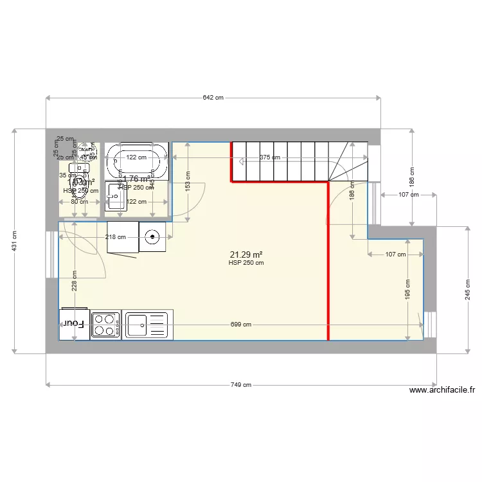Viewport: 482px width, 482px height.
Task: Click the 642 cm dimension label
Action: click(213, 98)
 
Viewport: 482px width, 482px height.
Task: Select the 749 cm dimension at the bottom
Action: click(240, 385)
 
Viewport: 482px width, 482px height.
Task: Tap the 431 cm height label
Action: click(14, 241)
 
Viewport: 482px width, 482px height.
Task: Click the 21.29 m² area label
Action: click(245, 254)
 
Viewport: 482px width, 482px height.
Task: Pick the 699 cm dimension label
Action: click(240, 325)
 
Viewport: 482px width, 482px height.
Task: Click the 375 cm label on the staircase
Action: click(270, 157)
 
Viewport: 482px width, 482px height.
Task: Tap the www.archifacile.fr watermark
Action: click(442, 390)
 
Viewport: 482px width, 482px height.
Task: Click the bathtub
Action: click(136, 161)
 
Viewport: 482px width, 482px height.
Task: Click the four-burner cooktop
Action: click(106, 325)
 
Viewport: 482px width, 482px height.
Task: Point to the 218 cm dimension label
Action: click(116, 237)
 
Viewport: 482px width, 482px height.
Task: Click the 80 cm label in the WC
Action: click(79, 202)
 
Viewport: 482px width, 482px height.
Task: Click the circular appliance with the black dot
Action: click(153, 237)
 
